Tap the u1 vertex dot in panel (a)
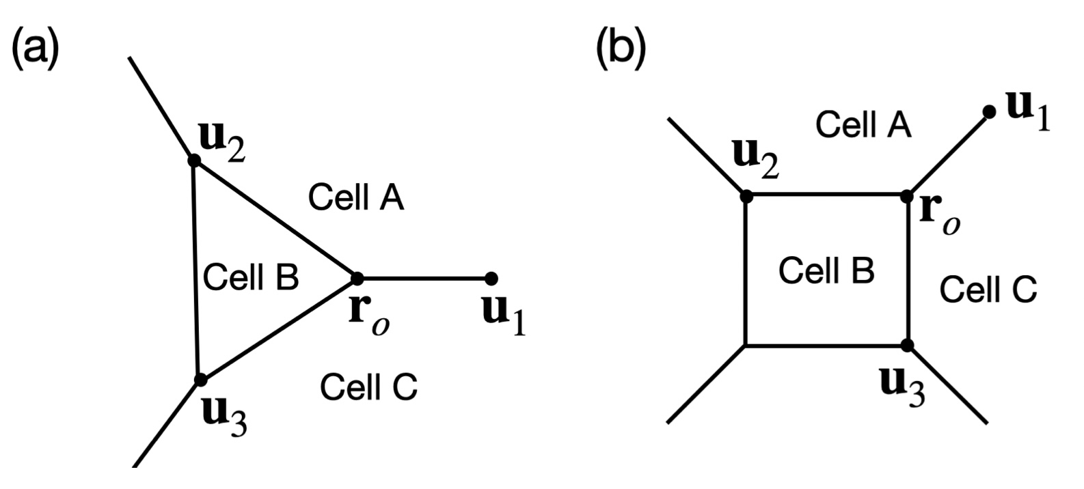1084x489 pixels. coord(491,278)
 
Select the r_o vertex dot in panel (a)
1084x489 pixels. coord(357,278)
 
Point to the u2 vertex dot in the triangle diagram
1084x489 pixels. coord(194,160)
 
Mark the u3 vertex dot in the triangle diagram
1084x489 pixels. coord(200,380)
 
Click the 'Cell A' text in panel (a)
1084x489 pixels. coord(356,197)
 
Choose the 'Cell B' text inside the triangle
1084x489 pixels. coord(252,277)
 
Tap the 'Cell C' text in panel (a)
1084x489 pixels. coord(369,387)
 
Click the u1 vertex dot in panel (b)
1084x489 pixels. coord(988,111)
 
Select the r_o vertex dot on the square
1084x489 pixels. coord(908,196)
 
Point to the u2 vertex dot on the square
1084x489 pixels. coord(746,196)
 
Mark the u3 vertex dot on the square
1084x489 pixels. coord(908,345)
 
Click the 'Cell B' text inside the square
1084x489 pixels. coord(826,270)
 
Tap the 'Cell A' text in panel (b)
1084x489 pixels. coord(864,125)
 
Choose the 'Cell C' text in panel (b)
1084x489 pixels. coord(988,290)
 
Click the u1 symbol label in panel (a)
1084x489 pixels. coord(504,316)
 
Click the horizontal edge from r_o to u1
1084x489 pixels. coord(424,278)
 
